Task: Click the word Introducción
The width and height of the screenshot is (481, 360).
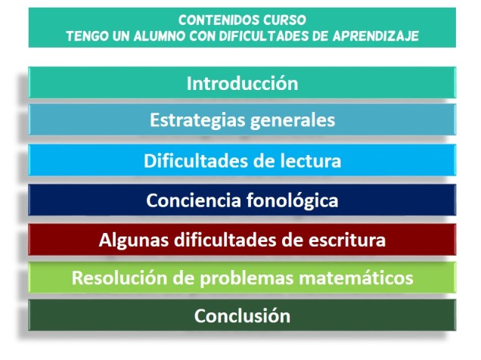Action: [x=242, y=83]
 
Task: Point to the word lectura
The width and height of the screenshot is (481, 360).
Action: [x=307, y=161]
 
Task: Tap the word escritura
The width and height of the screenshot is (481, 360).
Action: [x=346, y=241]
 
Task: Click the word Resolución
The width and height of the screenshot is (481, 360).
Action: [x=112, y=278]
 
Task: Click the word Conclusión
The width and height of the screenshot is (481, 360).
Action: [x=242, y=316]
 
